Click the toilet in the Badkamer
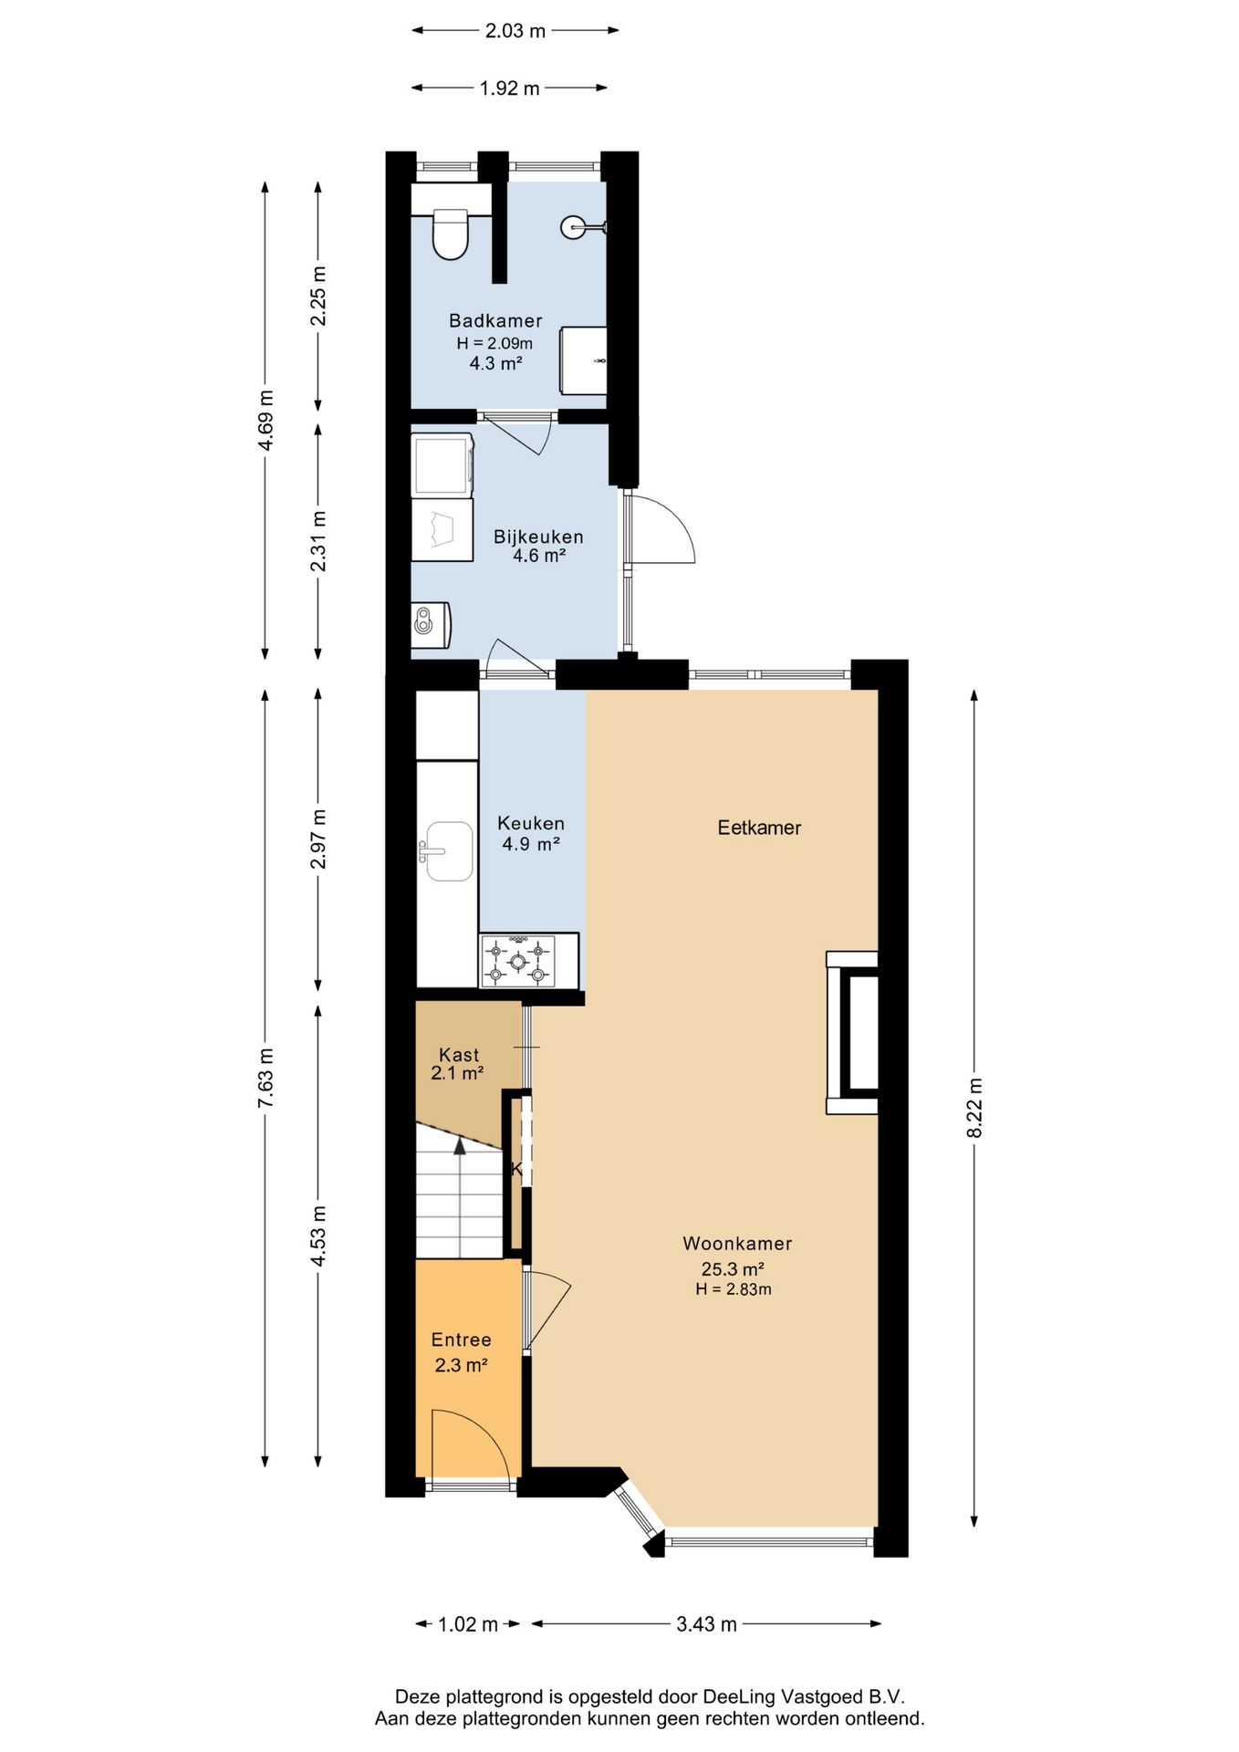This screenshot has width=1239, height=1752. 450,234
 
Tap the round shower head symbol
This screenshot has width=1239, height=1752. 573,226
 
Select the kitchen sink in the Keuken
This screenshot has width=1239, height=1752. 447,851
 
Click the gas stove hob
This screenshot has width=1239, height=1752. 517,962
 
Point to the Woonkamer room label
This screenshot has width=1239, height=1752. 737,1243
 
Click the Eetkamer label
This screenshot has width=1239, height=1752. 759,828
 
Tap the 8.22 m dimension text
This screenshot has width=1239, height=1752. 974,1107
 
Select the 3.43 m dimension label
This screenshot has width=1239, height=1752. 706,1623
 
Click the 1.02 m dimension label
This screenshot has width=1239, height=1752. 468,1623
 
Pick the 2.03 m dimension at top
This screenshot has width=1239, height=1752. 515,31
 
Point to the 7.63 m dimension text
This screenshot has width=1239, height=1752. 265,1079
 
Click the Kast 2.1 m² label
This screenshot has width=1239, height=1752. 458,1064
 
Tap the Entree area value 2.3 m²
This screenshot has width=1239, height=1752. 461,1365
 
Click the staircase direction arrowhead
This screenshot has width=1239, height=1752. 460,1146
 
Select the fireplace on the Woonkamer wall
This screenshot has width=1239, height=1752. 852,1032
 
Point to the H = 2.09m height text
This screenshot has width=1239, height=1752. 495,343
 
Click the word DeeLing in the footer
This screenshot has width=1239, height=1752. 737,1696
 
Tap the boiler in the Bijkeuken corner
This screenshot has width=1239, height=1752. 430,625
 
